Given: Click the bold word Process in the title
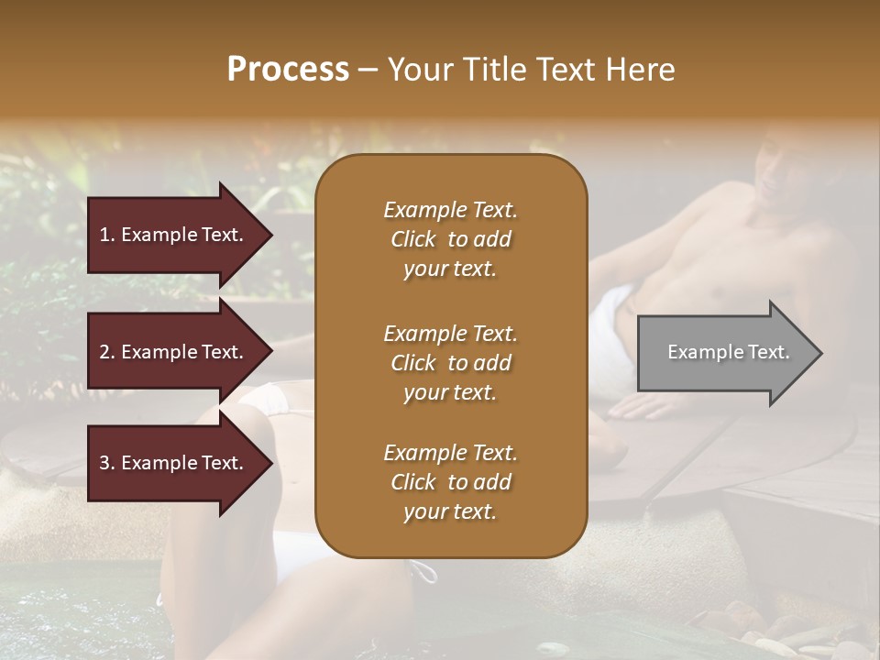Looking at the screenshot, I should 288,69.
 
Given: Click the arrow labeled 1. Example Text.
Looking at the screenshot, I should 174,235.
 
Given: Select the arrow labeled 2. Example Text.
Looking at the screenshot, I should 174,352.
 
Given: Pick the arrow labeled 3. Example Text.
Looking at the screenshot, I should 174,463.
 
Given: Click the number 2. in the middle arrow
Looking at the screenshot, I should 107,352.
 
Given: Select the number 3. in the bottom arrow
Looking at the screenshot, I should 107,463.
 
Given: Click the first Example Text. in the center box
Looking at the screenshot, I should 450,210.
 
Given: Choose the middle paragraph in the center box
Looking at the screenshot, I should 450,363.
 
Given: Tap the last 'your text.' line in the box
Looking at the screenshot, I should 450,512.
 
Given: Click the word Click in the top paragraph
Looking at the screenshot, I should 413,239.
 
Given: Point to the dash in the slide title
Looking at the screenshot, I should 368,70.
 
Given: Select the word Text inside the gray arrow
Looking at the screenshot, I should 768,352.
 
